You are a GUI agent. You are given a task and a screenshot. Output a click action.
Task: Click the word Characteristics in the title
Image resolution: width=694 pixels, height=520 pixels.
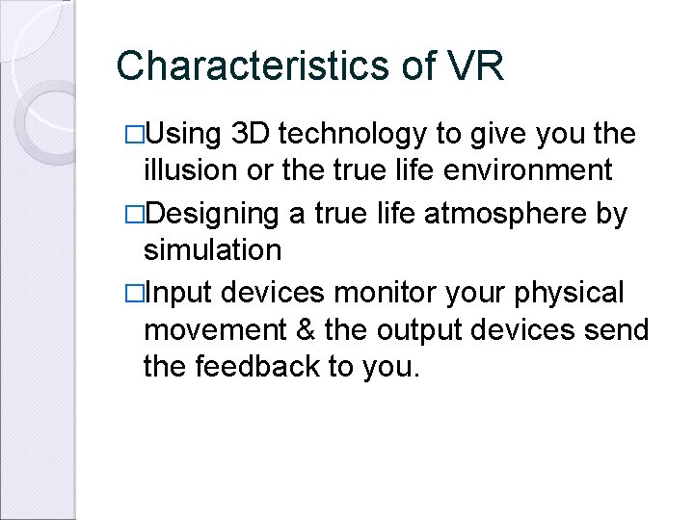click(250, 66)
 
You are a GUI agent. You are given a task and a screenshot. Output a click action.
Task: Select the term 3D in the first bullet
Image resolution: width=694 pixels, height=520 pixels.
click(254, 134)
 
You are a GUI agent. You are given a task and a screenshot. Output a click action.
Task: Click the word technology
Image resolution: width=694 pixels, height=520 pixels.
click(354, 135)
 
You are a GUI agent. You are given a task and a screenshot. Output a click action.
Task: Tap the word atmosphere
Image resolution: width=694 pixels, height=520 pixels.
click(494, 212)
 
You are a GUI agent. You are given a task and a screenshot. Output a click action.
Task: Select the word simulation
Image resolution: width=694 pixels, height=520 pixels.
click(212, 250)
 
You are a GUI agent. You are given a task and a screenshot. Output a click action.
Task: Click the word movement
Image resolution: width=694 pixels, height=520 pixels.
click(215, 330)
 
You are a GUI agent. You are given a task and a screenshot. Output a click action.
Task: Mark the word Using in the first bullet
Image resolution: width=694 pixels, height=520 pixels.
click(182, 135)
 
